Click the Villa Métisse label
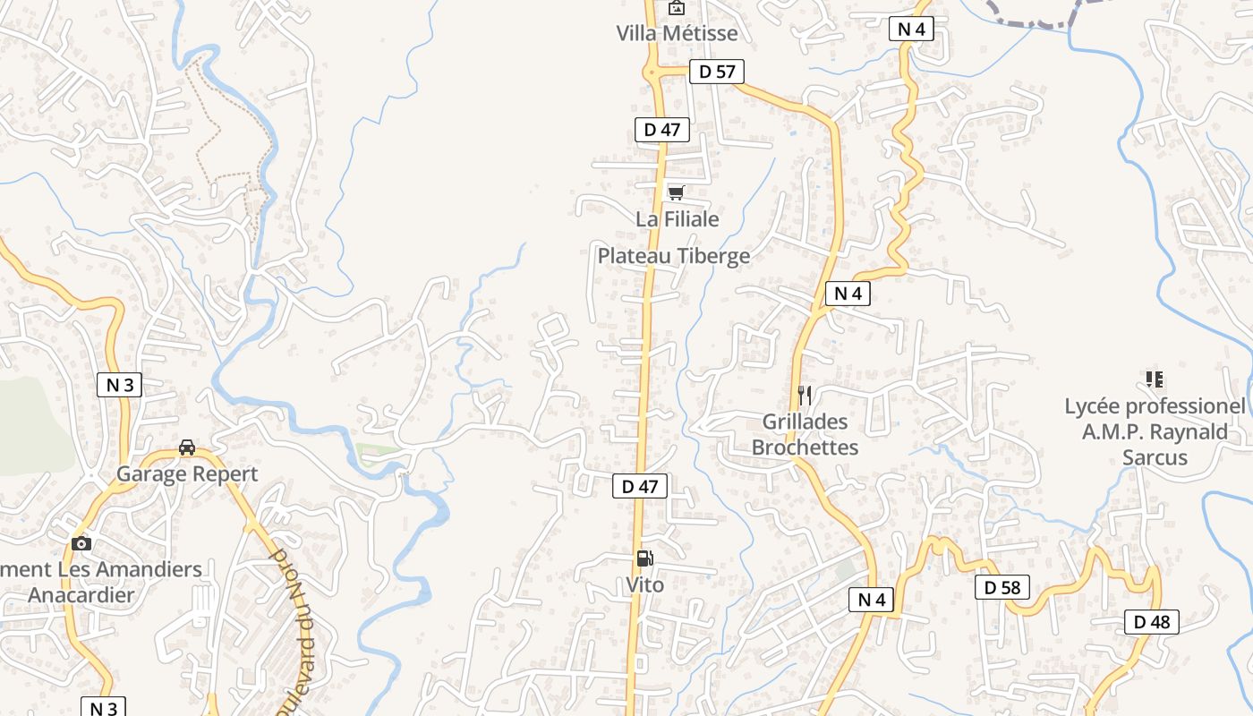click(x=677, y=33)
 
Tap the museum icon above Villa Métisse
click(x=677, y=9)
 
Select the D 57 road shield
click(x=717, y=72)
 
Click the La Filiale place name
click(x=678, y=218)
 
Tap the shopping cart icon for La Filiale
click(x=677, y=192)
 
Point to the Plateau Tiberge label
click(x=674, y=256)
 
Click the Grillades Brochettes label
click(x=805, y=434)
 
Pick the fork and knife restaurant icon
click(x=805, y=395)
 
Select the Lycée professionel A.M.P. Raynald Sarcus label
click(x=1155, y=431)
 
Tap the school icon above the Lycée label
click(x=1154, y=379)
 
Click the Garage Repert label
click(x=187, y=473)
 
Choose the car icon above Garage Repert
click(x=187, y=447)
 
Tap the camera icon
click(x=81, y=543)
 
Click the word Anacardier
click(x=81, y=594)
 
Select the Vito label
click(x=644, y=584)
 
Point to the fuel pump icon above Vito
click(x=644, y=559)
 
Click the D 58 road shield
click(x=1002, y=588)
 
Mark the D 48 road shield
click(x=1152, y=622)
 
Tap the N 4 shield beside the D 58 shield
click(x=872, y=600)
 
